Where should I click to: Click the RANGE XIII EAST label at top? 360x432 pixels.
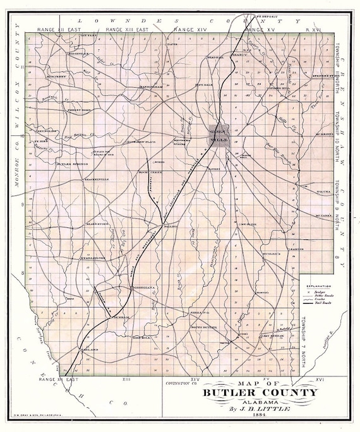(x=127, y=30)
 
